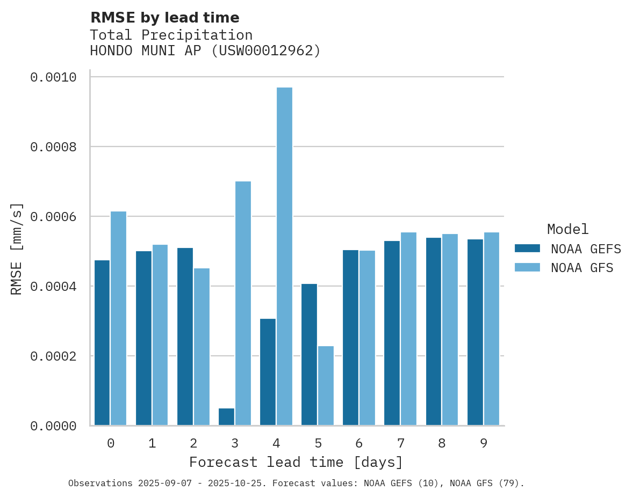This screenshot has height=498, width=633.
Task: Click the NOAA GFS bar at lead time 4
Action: [x=284, y=256]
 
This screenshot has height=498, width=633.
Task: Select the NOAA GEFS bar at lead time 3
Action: [x=226, y=417]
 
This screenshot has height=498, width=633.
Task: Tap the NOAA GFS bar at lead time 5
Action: [x=326, y=385]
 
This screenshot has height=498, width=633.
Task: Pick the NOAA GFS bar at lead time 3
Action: [x=243, y=303]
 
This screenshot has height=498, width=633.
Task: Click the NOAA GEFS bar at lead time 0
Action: [x=102, y=342]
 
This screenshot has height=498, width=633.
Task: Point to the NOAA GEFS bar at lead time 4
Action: [x=268, y=372]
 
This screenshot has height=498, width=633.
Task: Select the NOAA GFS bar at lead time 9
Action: [x=492, y=328]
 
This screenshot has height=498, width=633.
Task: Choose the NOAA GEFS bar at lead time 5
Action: [x=309, y=354]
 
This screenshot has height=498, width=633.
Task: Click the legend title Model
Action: [x=567, y=229]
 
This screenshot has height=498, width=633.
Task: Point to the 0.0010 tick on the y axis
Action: [x=53, y=77]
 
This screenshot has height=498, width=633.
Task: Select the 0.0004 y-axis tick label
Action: [x=53, y=287]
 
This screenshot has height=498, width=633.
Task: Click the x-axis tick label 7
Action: [x=401, y=443]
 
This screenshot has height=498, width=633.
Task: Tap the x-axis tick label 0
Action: [x=110, y=443]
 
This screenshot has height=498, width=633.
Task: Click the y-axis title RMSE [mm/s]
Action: [x=17, y=248]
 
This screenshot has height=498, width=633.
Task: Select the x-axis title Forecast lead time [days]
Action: [x=296, y=462]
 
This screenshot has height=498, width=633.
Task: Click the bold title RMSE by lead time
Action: [x=164, y=18]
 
